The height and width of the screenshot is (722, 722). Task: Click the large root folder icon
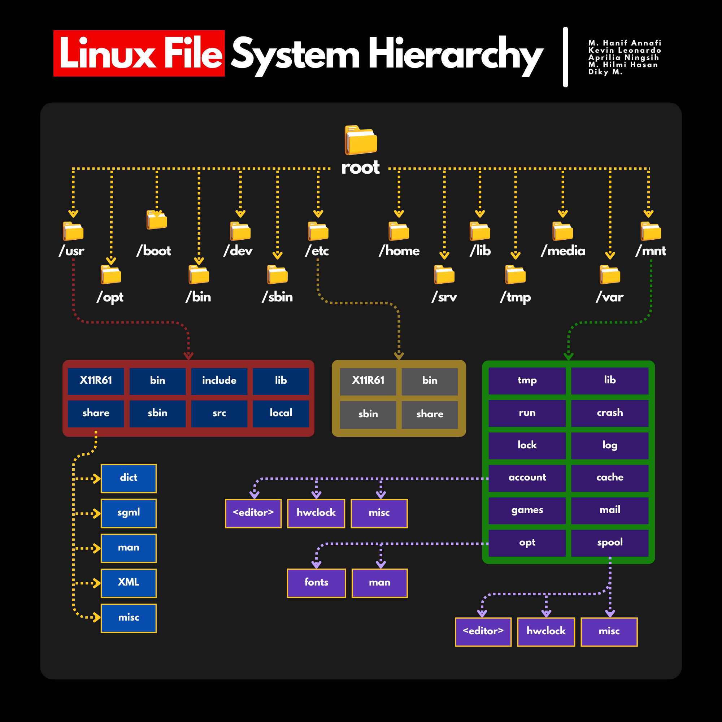tap(361, 140)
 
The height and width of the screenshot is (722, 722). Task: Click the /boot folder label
tap(153, 251)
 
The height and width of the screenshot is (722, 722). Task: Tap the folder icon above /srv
tap(444, 275)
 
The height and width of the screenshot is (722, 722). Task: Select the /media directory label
tap(563, 251)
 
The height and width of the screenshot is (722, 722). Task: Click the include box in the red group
tap(219, 381)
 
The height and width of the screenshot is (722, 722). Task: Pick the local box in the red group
tap(280, 413)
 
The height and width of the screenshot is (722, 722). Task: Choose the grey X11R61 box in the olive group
tap(368, 381)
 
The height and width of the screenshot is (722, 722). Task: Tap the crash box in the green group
tap(609, 413)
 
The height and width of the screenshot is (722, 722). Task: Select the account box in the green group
tap(527, 478)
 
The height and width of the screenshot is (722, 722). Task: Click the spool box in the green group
tap(609, 543)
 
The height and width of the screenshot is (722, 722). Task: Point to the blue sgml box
tap(129, 513)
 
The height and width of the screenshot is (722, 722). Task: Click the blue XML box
tap(129, 583)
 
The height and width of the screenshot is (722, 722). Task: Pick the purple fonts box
tap(316, 583)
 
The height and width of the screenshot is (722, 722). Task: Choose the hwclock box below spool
tap(545, 631)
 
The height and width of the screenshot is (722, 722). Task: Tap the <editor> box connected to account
tap(253, 513)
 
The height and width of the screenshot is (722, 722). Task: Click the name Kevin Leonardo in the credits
tap(625, 51)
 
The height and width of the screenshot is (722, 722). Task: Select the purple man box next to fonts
tap(379, 583)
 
